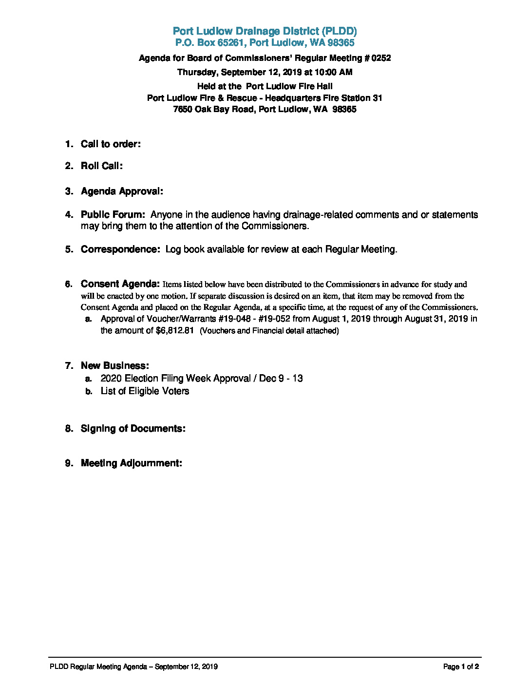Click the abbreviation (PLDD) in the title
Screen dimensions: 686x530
[339, 31]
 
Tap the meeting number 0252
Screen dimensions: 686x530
[381, 58]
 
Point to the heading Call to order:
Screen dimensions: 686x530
[111, 144]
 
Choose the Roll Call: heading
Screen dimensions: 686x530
[101, 166]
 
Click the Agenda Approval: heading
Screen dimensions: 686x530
[122, 191]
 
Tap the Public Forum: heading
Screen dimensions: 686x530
[113, 214]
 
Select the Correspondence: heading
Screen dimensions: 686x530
[120, 249]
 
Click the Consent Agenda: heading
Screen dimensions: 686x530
[120, 284]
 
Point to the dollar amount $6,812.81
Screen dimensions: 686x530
[174, 330]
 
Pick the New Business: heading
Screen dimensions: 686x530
[114, 365]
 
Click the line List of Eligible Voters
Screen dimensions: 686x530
[145, 391]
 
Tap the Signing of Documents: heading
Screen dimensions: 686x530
[132, 428]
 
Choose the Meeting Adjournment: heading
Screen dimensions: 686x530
[131, 463]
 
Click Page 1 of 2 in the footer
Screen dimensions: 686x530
[461, 667]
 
